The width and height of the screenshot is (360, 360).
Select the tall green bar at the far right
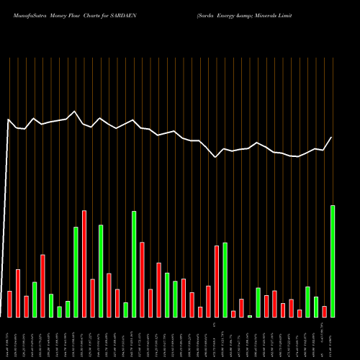(x=333, y=261)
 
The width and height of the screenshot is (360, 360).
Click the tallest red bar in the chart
(x=84, y=264)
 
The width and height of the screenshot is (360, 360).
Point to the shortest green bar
(x=250, y=316)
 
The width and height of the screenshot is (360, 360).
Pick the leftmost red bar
(x=9, y=304)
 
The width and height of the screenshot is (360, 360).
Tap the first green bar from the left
(x=35, y=300)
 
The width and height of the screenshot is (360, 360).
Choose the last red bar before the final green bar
(x=325, y=312)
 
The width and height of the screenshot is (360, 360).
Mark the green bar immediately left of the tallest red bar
(x=76, y=272)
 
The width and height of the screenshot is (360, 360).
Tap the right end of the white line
(x=332, y=138)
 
